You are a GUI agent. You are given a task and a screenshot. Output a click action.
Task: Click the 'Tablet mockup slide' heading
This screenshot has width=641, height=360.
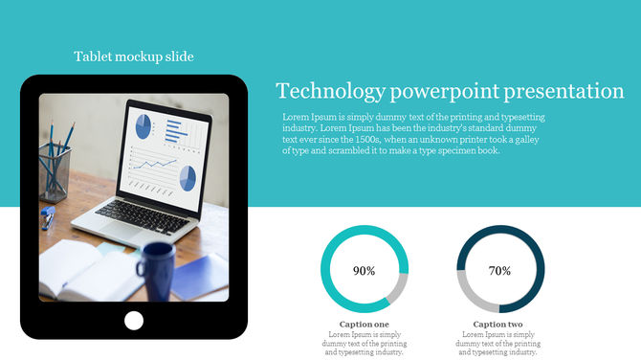(134, 56)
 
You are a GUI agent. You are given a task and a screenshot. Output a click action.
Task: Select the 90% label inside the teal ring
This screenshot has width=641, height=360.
(364, 271)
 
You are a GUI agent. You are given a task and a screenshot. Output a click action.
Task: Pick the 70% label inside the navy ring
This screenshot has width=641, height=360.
(499, 271)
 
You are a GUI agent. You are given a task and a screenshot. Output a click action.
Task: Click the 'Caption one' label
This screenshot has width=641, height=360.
(364, 325)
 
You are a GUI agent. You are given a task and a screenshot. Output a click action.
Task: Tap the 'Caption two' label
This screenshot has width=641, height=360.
(498, 325)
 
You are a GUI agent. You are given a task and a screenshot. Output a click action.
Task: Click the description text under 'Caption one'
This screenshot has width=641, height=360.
(364, 344)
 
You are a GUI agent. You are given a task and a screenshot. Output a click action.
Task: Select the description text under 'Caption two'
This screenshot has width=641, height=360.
(498, 344)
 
